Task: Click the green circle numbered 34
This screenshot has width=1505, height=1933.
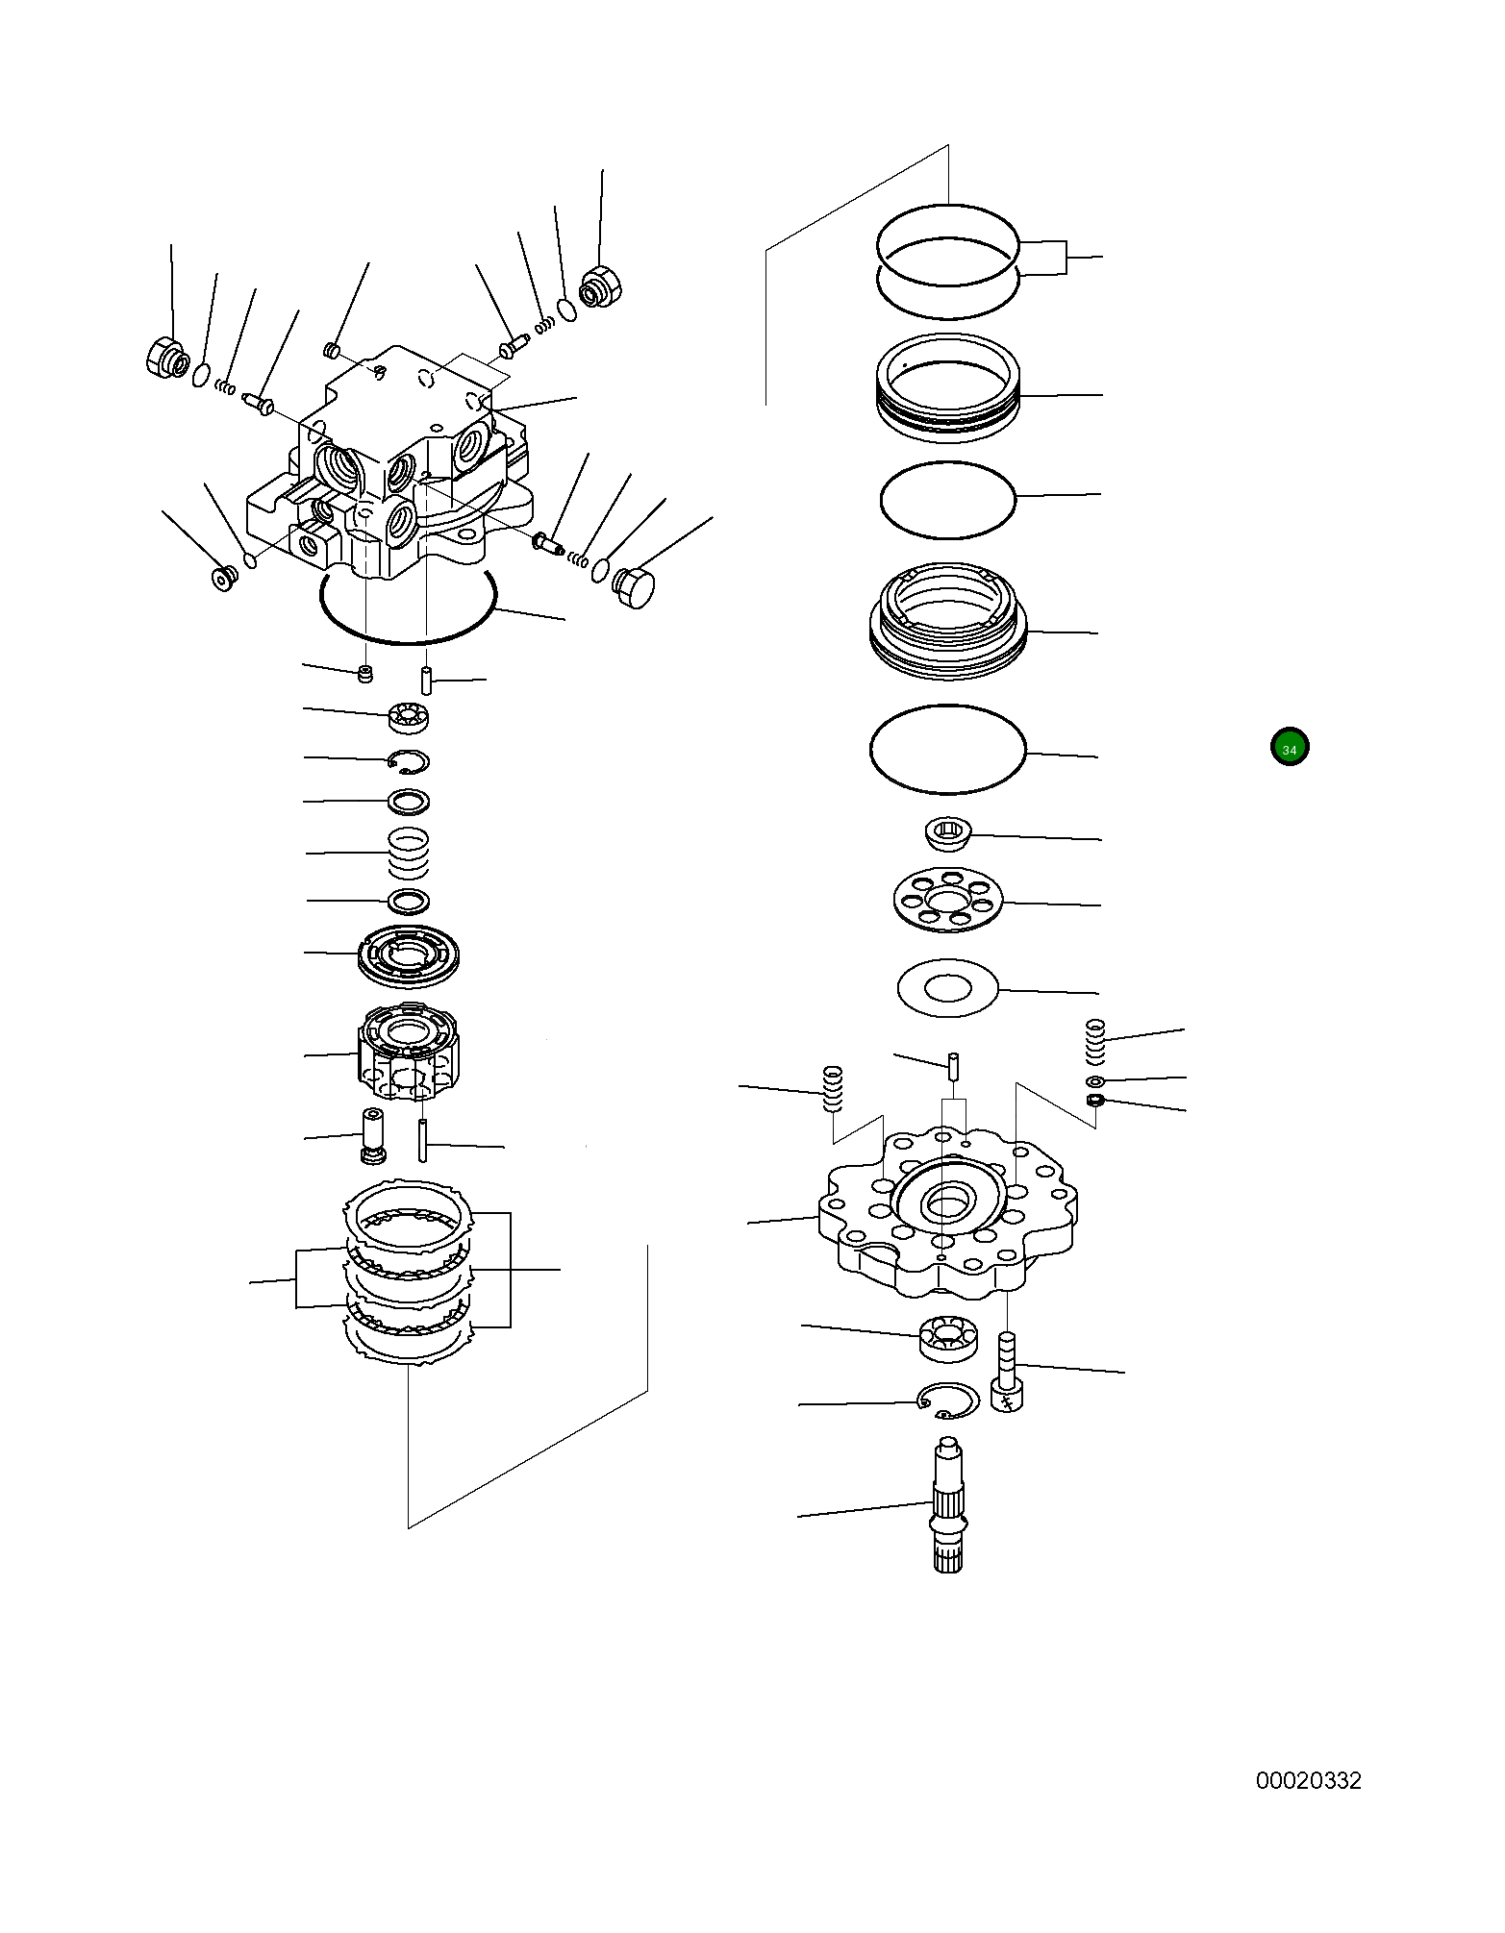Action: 1289,748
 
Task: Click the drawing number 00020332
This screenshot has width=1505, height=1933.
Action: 1308,1781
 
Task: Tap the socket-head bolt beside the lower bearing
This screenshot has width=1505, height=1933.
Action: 1006,1372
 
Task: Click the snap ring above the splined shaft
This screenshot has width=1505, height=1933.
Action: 948,1400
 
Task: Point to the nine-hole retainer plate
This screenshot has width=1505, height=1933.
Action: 948,900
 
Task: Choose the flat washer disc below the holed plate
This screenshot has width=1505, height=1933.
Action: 948,987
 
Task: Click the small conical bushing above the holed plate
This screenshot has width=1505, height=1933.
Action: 947,833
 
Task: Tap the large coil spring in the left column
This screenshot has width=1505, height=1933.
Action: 409,853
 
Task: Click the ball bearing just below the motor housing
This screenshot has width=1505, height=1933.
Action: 409,716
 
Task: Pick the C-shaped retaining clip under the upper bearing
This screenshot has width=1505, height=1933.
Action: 410,761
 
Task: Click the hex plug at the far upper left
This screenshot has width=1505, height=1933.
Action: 167,359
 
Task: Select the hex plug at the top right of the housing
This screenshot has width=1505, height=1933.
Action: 602,286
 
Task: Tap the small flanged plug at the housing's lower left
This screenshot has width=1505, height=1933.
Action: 225,579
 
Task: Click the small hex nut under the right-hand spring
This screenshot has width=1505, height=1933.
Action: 1094,1101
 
